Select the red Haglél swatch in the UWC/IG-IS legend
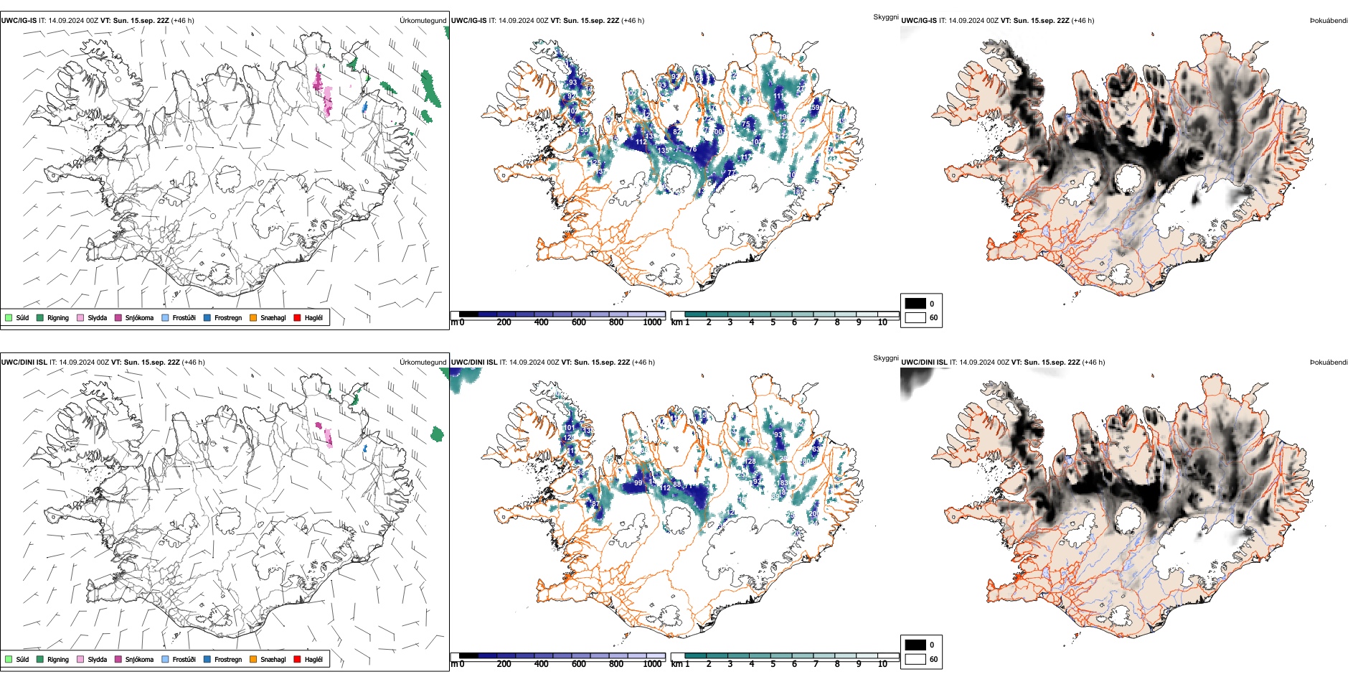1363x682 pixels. click(x=297, y=317)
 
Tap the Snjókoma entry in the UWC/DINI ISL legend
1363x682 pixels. click(x=118, y=659)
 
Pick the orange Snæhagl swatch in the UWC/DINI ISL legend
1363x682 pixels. click(x=253, y=659)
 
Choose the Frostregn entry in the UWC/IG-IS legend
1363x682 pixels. click(x=207, y=317)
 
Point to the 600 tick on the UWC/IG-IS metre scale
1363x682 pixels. click(x=578, y=322)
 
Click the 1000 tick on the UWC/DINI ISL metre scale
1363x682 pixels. click(x=652, y=664)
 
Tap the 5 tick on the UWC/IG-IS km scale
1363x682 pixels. click(x=773, y=322)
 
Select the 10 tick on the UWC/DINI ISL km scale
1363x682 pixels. click(x=882, y=664)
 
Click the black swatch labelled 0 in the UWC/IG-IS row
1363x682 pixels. click(x=915, y=303)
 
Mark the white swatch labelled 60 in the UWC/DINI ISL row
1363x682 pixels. click(x=915, y=659)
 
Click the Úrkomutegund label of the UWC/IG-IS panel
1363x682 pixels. click(x=423, y=21)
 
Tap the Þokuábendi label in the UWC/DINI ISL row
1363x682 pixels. click(x=1329, y=363)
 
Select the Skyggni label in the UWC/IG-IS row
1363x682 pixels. click(x=885, y=17)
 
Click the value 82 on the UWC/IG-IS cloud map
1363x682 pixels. click(x=676, y=132)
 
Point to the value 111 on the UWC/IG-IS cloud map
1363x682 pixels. click(x=778, y=96)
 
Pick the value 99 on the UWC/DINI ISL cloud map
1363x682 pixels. click(x=638, y=483)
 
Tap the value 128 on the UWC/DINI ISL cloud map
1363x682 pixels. click(x=751, y=462)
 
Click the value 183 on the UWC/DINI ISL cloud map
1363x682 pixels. click(x=782, y=483)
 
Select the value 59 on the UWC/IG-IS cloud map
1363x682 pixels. click(x=815, y=108)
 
